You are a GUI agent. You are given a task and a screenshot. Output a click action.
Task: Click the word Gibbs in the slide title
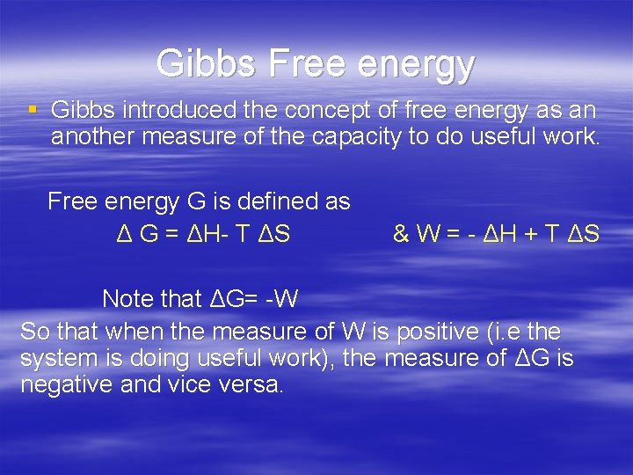205,63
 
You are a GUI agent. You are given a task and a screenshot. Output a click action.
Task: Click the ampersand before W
402,235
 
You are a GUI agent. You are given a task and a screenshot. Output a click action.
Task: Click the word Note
127,299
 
